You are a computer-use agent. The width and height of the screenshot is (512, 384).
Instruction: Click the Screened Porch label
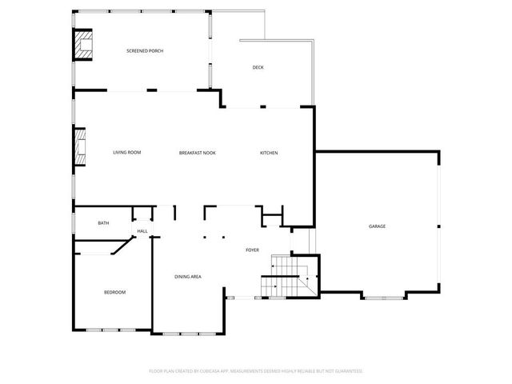pos(145,51)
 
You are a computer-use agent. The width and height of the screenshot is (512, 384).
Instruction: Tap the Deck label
pos(258,67)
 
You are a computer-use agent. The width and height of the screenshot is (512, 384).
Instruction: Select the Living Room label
pos(126,152)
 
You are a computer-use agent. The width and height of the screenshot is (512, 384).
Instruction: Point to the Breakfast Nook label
pos(197,152)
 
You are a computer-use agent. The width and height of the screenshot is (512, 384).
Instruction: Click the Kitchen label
pos(269,152)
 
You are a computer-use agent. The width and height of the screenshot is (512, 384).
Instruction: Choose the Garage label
pos(377,226)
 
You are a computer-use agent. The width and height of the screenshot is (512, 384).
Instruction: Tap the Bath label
pos(103,222)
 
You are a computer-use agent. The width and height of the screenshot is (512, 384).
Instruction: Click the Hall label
pos(142,231)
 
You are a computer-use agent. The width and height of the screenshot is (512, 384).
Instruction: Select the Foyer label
pos(252,250)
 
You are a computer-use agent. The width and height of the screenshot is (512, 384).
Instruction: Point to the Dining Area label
pos(188,277)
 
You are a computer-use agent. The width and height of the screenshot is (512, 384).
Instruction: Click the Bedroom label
pos(114,292)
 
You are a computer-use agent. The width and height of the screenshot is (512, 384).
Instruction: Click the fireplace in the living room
pos(80,147)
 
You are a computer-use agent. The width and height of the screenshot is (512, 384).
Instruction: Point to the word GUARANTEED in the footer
pos(348,371)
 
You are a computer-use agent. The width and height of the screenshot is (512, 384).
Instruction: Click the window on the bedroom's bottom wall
pos(111,329)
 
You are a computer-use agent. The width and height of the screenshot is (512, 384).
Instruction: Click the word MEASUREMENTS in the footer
pos(256,371)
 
